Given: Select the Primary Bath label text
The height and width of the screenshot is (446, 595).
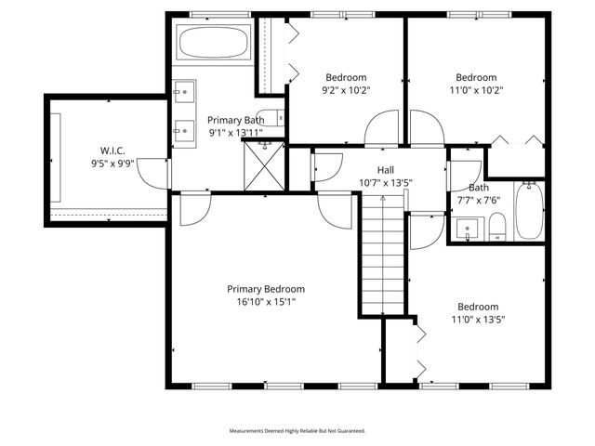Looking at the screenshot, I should point(235,120).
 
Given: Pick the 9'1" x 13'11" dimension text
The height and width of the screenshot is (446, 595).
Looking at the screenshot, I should point(235,132).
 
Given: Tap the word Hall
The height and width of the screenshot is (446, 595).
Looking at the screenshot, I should point(384,169).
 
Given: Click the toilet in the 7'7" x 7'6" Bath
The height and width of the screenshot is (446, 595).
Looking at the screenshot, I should point(497,227).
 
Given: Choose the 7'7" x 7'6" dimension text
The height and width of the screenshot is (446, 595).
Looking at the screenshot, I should point(479,199).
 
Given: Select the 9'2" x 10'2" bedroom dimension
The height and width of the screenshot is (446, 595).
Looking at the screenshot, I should point(346,90).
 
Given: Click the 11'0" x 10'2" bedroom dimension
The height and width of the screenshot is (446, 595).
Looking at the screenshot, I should point(476,90).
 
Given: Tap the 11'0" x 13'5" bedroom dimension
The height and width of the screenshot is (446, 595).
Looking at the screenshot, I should point(477,319).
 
